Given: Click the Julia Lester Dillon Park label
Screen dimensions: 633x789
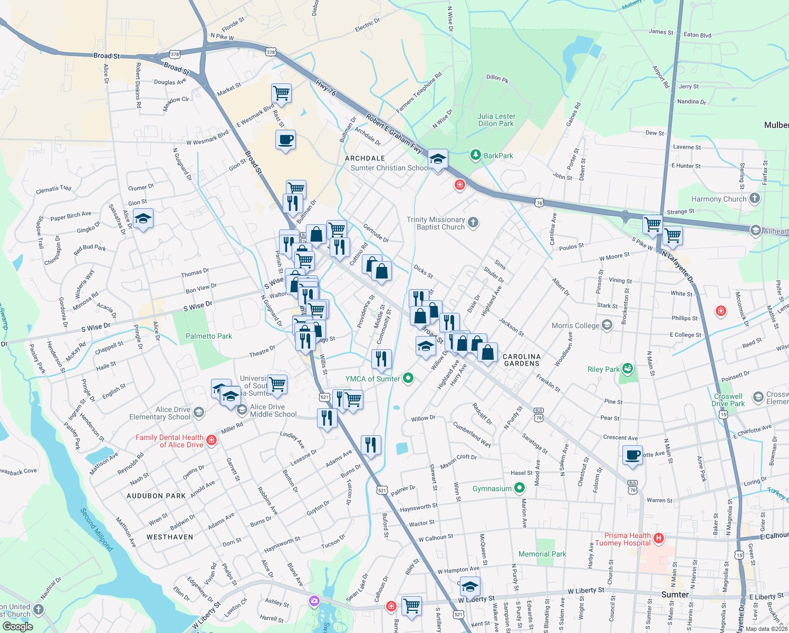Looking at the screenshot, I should [x=496, y=120].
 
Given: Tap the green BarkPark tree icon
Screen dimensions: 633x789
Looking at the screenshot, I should [x=476, y=155].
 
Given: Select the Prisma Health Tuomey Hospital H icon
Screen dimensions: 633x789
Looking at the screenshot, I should [x=658, y=539].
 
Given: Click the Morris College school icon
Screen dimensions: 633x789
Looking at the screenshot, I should [x=607, y=325].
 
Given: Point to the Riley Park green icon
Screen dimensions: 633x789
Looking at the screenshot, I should [x=627, y=368].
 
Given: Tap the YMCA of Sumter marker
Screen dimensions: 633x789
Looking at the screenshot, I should [x=408, y=378].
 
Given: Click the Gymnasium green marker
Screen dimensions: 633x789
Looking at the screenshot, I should [x=519, y=488].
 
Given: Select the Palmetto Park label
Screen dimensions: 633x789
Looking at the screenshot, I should [x=209, y=336].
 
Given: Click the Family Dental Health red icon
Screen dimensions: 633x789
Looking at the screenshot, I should [x=211, y=440].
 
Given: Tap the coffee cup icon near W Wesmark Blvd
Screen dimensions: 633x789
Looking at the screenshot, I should [x=285, y=140].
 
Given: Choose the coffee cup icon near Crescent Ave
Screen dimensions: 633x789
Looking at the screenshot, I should [x=632, y=455].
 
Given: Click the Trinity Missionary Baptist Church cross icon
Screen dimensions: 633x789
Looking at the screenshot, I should [x=473, y=223].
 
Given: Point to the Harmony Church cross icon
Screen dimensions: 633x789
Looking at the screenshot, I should [x=755, y=198].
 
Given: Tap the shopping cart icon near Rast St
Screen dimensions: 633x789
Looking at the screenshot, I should [x=282, y=93].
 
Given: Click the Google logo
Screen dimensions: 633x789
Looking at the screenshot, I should [x=17, y=626].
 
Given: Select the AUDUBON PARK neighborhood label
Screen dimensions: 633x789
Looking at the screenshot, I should [x=156, y=496].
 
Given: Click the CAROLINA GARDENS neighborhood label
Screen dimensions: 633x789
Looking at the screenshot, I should [x=522, y=360].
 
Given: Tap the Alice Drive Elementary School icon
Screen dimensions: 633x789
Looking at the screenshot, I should [x=199, y=412].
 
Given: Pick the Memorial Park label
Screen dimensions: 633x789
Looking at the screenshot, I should [x=542, y=554].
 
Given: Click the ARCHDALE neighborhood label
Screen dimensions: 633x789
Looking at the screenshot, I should [x=364, y=158].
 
